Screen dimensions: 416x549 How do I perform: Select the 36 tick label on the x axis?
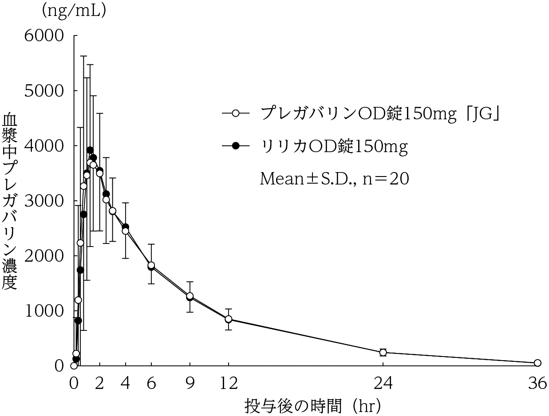click(x=537, y=384)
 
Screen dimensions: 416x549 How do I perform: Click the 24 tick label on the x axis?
click(x=383, y=384)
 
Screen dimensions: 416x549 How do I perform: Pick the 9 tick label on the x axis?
click(x=190, y=384)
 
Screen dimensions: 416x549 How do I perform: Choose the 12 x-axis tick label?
click(x=229, y=384)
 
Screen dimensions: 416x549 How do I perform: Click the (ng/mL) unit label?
click(x=74, y=11)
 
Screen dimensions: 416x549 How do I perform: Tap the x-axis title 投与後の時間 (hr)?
click(x=313, y=405)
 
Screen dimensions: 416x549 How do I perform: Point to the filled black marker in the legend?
click(x=236, y=145)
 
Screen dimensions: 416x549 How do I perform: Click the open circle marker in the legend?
click(x=236, y=114)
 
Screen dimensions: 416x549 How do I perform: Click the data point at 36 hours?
click(x=537, y=363)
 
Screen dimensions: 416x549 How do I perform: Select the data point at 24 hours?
click(x=383, y=353)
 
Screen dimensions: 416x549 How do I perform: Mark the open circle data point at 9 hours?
click(x=190, y=296)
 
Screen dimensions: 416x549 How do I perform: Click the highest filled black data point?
click(x=90, y=150)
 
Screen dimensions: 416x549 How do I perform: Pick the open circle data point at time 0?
click(x=74, y=365)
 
